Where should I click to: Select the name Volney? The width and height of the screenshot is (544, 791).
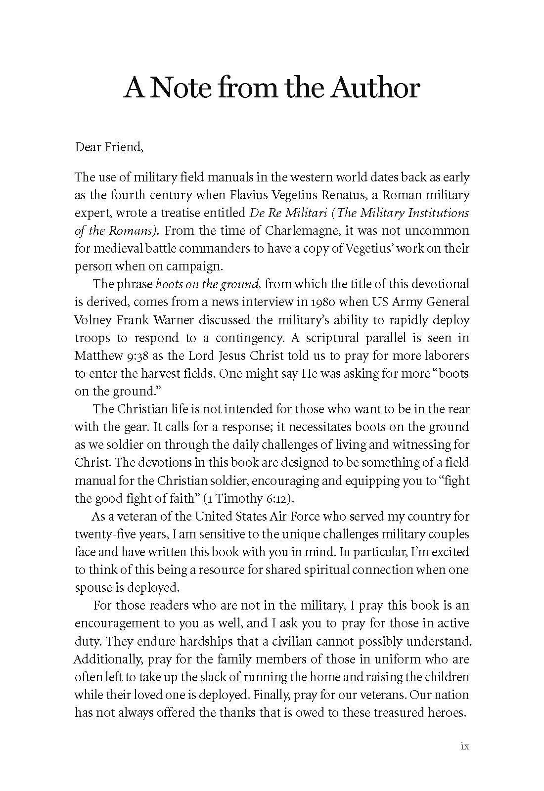tap(92, 320)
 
